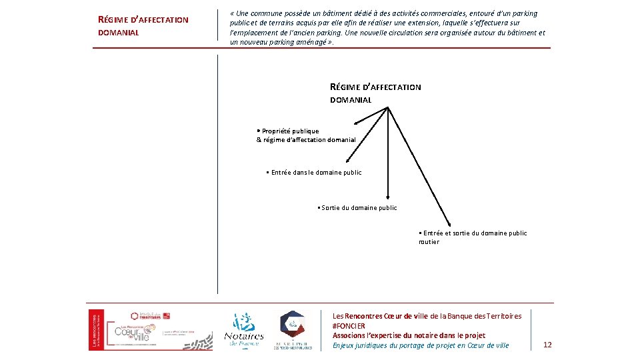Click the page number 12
pos(547,345)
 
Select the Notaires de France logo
pos(243,329)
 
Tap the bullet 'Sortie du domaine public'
pos(359,208)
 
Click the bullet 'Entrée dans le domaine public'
pos(315,173)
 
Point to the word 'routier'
pos(429,242)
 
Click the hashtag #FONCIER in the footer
pos(349,326)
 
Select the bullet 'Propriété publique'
pos(290,131)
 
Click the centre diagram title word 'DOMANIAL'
pos(351,100)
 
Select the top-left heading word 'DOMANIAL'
pos(119,33)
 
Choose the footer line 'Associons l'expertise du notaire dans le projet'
pos(409,335)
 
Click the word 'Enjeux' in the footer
pos(345,345)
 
